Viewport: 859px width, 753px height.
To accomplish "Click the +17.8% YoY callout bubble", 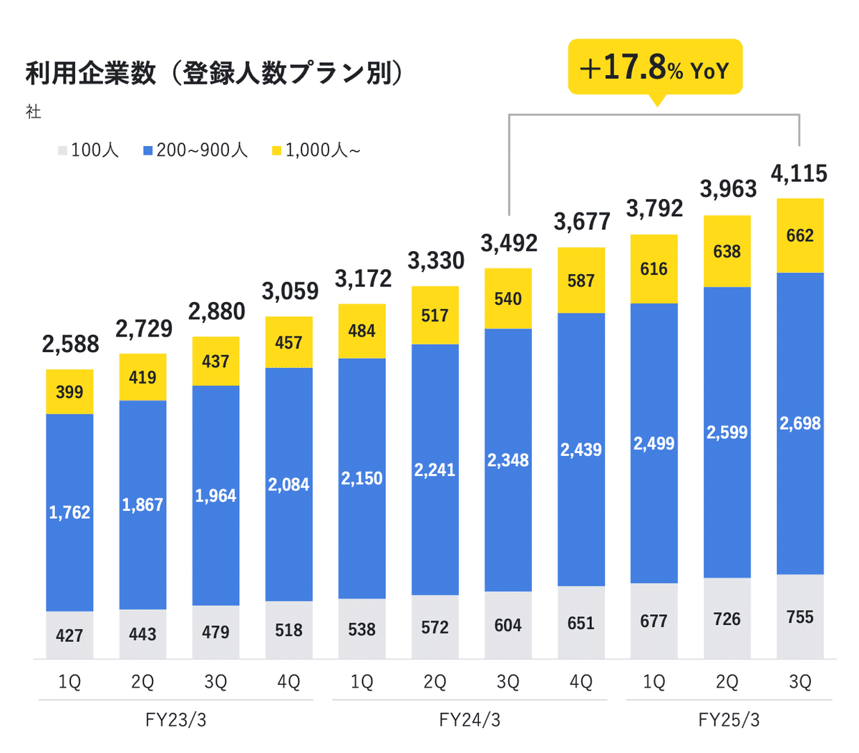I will [x=655, y=68].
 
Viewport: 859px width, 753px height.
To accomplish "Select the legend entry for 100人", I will [x=89, y=150].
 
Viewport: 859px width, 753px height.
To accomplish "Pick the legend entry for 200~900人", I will [x=195, y=150].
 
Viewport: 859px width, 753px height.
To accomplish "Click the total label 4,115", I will [x=799, y=174].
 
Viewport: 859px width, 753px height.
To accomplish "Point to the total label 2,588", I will [x=70, y=344].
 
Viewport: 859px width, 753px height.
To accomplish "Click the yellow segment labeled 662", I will [x=800, y=235].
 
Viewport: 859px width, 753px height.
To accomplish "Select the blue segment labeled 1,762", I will [x=69, y=512].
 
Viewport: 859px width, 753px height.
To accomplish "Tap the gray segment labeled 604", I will [x=508, y=626].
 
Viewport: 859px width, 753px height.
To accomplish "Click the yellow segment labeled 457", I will [x=288, y=343].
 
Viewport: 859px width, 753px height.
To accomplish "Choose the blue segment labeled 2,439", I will [x=581, y=450].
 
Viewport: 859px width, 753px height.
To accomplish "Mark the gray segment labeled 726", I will [x=727, y=619].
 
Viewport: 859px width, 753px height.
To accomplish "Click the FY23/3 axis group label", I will [x=176, y=719].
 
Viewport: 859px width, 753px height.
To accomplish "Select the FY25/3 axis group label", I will [x=729, y=719].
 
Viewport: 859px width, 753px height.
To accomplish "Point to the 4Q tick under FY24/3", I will [x=581, y=682].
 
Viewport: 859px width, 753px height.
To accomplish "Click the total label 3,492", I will [x=508, y=244].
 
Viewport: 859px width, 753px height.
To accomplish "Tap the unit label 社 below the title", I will [x=34, y=112].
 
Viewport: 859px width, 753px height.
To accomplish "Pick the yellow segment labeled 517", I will [x=435, y=316].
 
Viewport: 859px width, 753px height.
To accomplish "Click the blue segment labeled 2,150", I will [x=361, y=478].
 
